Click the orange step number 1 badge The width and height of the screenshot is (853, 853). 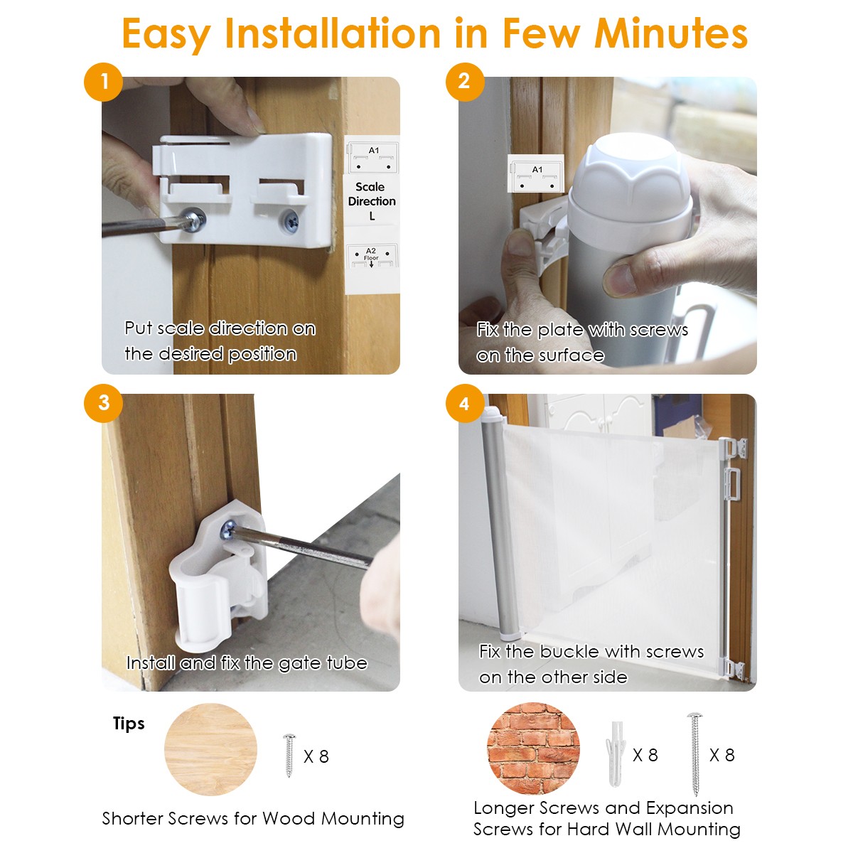(x=104, y=82)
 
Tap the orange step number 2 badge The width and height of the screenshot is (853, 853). (x=464, y=82)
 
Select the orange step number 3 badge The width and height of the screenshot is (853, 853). (x=104, y=403)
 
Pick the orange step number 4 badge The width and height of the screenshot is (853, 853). (x=464, y=403)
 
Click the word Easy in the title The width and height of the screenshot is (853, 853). (x=166, y=36)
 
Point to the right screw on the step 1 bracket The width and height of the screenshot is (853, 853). (x=291, y=220)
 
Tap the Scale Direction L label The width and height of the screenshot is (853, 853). (x=372, y=201)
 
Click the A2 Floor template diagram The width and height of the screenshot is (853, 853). (x=372, y=257)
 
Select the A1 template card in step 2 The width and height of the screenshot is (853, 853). (x=536, y=173)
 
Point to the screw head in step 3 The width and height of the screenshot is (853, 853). (x=229, y=530)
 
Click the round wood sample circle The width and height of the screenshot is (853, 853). (x=210, y=749)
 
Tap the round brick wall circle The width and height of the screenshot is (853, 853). (x=533, y=749)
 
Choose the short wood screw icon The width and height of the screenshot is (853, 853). (x=289, y=756)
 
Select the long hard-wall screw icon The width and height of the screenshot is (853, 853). (x=694, y=754)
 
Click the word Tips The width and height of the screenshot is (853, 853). (x=129, y=724)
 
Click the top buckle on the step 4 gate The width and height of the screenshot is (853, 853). (x=733, y=448)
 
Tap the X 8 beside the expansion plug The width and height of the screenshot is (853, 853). (x=645, y=755)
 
